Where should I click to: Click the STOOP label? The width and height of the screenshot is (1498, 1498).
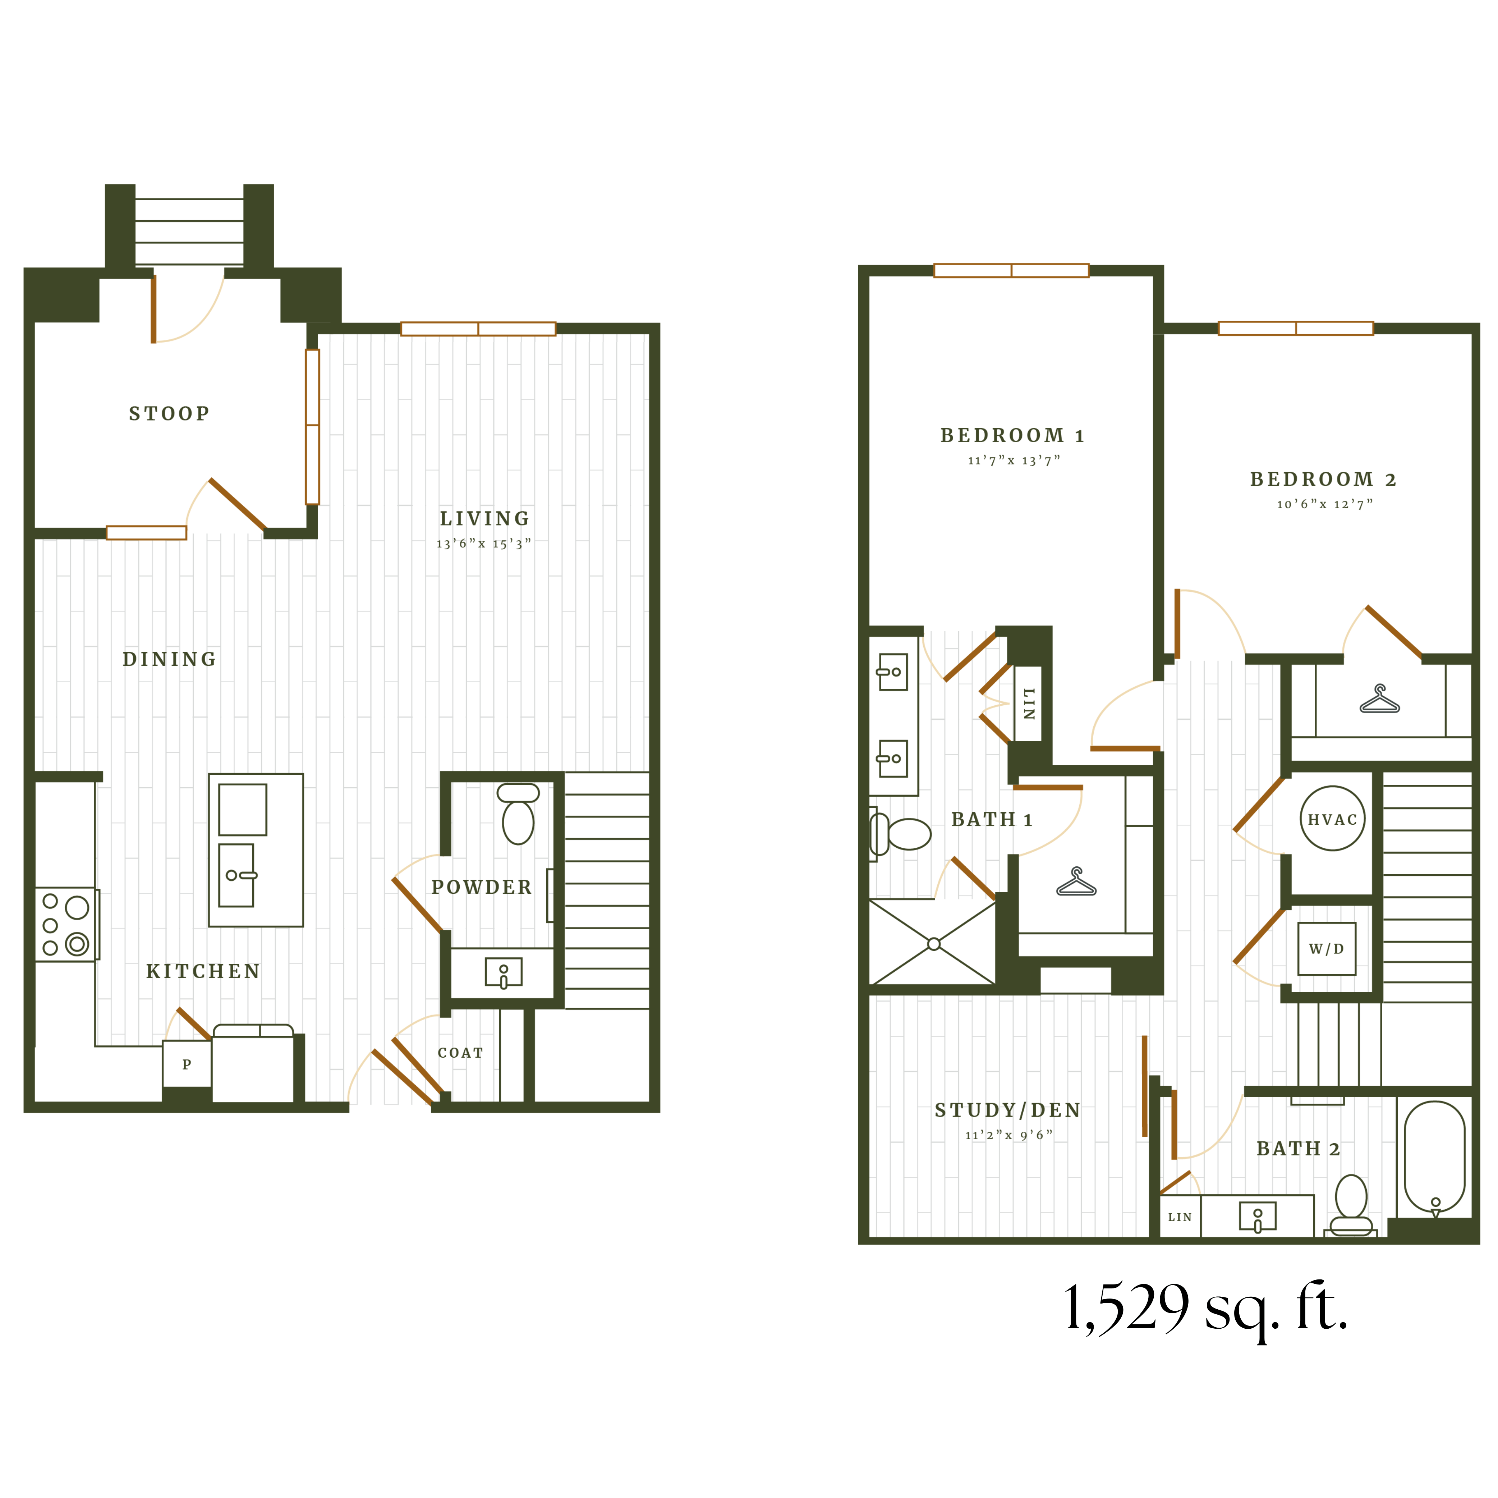(169, 413)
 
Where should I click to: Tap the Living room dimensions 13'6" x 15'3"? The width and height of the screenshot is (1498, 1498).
(484, 544)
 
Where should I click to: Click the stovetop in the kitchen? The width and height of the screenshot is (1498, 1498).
(66, 924)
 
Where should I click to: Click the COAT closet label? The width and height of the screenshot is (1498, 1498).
(460, 1053)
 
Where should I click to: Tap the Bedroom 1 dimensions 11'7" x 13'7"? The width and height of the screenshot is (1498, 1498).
(1014, 461)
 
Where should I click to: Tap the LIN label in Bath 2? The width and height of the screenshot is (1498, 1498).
(1179, 1217)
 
